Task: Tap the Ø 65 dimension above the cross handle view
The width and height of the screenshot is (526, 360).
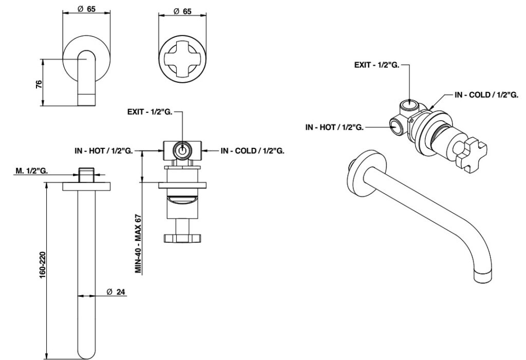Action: [x=182, y=11]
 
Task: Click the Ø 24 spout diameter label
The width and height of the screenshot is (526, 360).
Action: [x=116, y=292]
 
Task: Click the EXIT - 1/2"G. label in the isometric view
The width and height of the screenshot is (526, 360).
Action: [x=377, y=65]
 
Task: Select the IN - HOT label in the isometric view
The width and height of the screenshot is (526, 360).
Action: [x=334, y=127]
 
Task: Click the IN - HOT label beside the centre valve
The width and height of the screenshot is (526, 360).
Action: [x=103, y=150]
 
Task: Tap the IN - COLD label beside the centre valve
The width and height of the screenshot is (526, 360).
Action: [x=253, y=150]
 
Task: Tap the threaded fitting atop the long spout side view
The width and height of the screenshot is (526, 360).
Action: [x=87, y=174]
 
